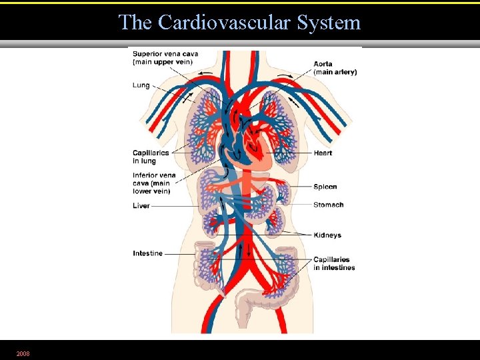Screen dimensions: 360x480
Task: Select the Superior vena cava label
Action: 165,58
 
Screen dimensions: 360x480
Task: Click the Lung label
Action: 141,85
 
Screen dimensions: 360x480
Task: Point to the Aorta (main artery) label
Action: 335,68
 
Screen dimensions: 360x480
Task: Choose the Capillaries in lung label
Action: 151,157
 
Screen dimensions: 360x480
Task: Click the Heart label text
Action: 323,153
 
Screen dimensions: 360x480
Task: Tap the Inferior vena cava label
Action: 154,183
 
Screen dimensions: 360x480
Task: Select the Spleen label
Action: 325,187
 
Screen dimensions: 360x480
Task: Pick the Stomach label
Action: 329,205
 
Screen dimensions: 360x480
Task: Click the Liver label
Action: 141,206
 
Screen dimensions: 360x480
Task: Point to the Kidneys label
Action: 327,235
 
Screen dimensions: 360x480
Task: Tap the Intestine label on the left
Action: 147,253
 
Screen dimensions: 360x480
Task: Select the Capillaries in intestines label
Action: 334,263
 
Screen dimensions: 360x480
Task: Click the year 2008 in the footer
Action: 23,353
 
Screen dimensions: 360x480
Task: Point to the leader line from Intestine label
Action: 180,253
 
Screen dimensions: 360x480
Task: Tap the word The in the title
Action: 135,23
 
